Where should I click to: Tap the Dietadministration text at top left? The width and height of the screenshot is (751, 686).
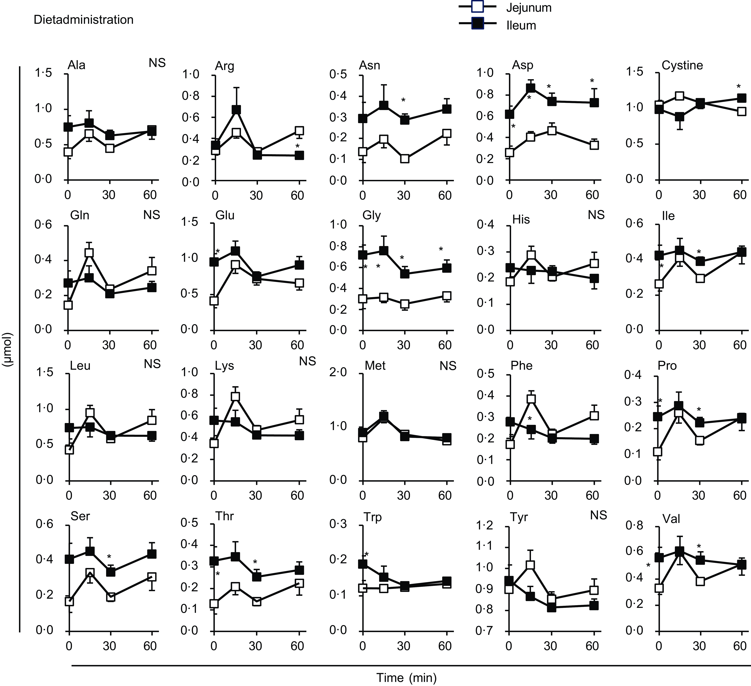tap(83, 20)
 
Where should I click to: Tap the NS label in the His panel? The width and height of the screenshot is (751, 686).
tap(596, 215)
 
